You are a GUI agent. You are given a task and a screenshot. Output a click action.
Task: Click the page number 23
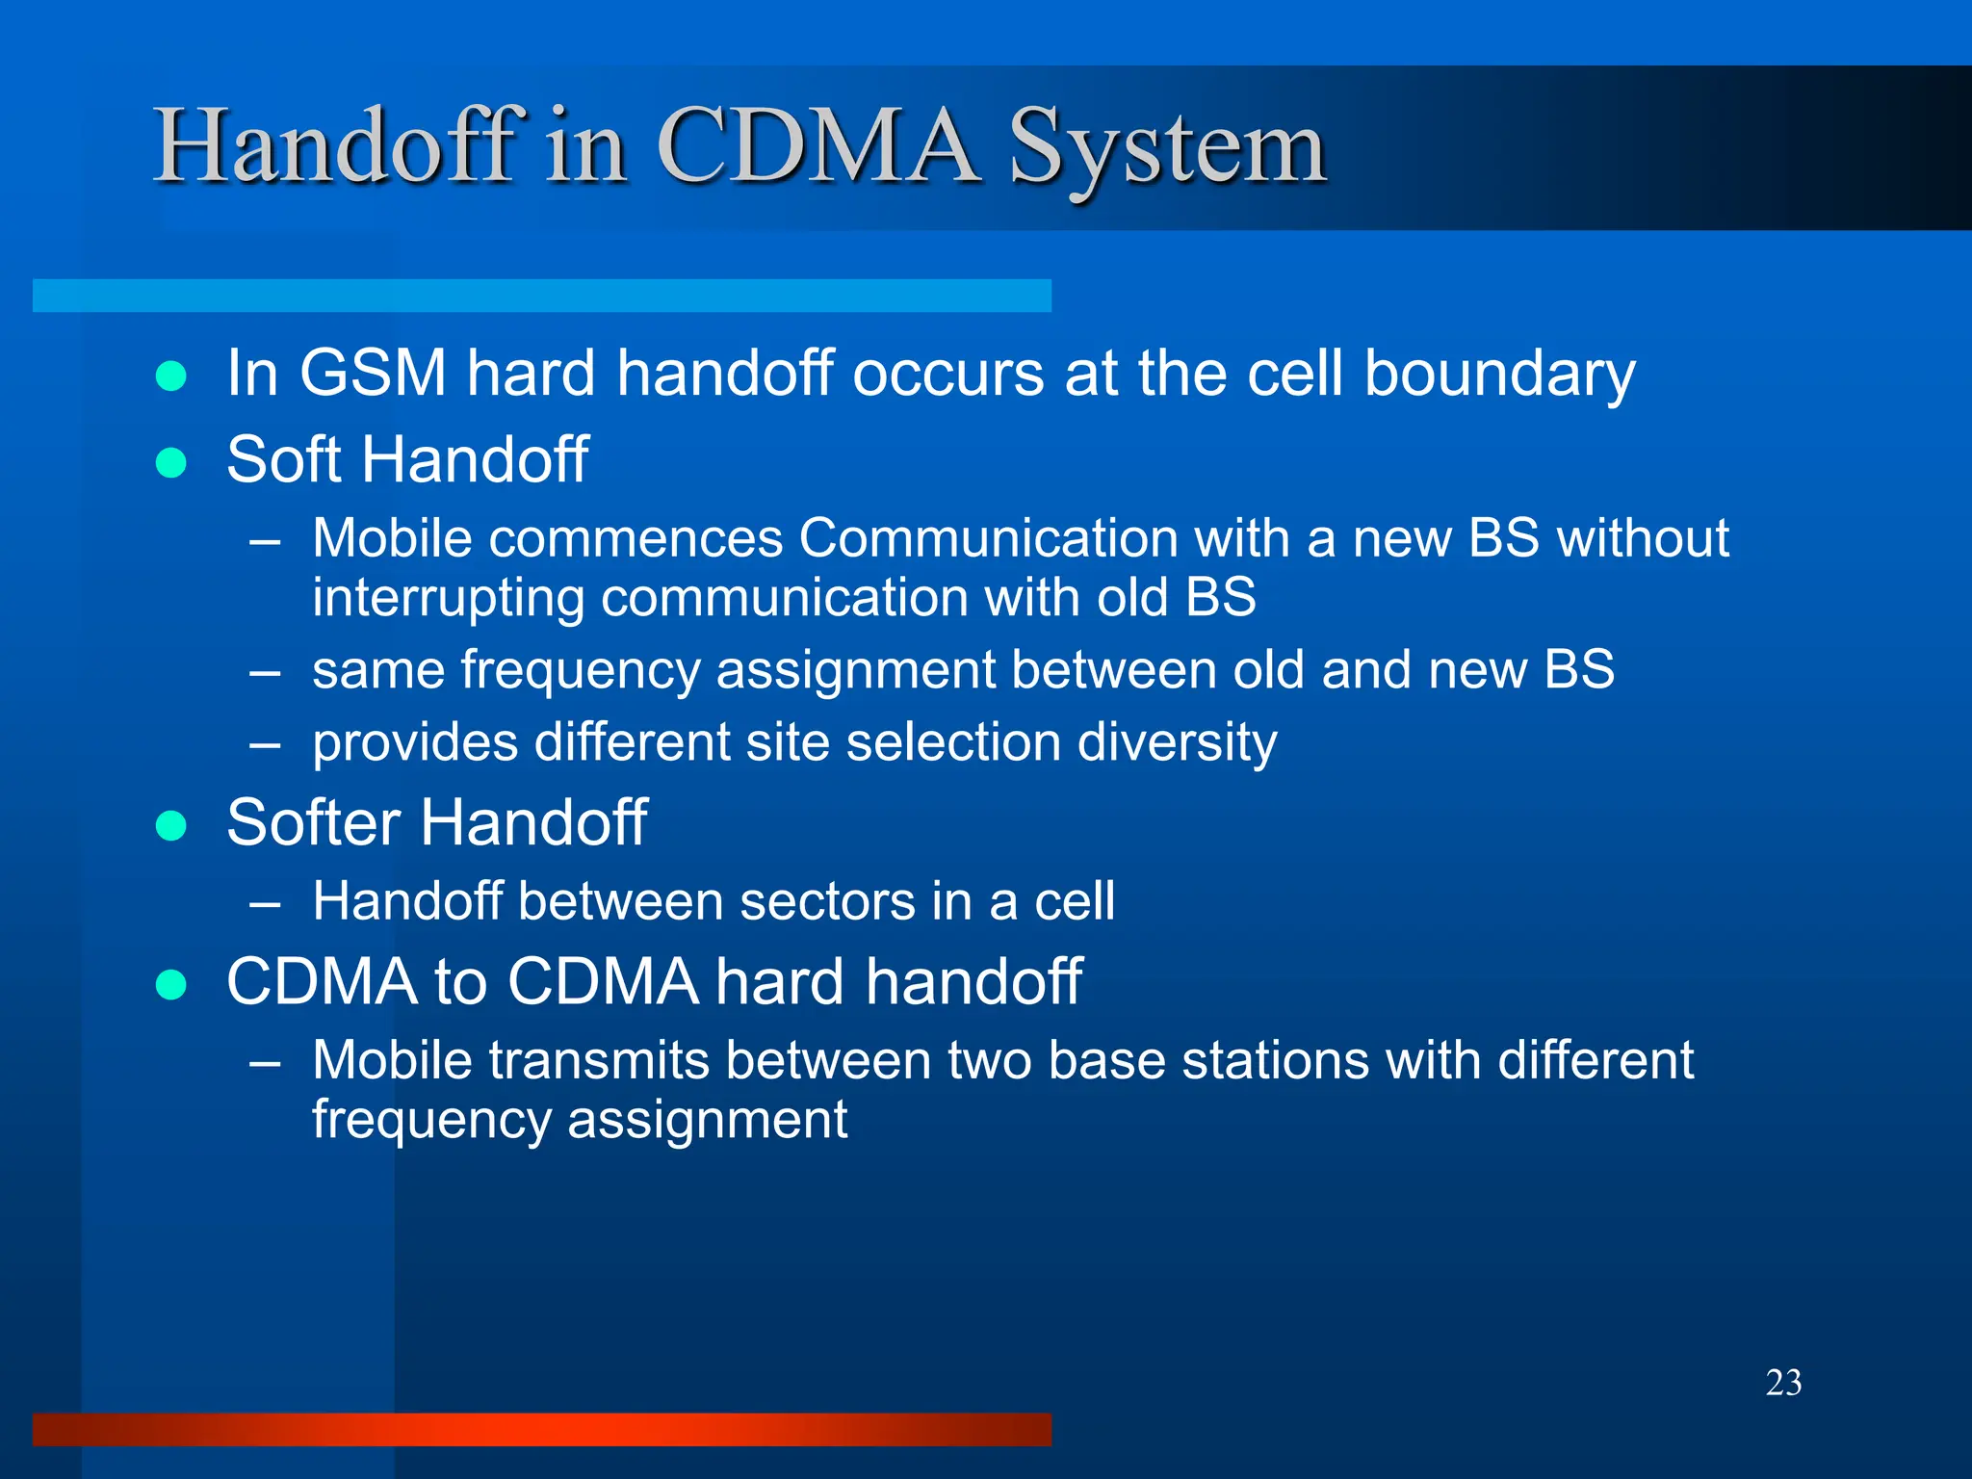pyautogui.click(x=1783, y=1383)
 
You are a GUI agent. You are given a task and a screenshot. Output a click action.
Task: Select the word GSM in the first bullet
pyautogui.click(x=373, y=374)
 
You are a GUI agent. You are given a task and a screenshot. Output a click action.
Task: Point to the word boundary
pyautogui.click(x=1499, y=374)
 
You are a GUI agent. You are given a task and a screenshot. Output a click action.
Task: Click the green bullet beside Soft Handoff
pyautogui.click(x=171, y=463)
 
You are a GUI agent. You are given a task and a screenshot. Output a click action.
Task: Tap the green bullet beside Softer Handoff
pyautogui.click(x=171, y=826)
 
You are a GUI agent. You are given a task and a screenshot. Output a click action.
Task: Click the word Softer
pyautogui.click(x=313, y=823)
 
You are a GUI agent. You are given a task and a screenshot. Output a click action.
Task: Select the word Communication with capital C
pyautogui.click(x=988, y=538)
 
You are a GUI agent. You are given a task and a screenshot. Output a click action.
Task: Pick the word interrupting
pyautogui.click(x=448, y=598)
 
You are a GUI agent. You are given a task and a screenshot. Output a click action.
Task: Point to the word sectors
pyautogui.click(x=827, y=902)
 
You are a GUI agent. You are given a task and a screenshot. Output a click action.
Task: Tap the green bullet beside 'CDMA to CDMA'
pyautogui.click(x=171, y=985)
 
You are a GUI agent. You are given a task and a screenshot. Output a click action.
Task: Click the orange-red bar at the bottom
pyautogui.click(x=541, y=1429)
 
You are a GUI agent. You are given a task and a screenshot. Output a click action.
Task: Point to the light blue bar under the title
pyautogui.click(x=541, y=296)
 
